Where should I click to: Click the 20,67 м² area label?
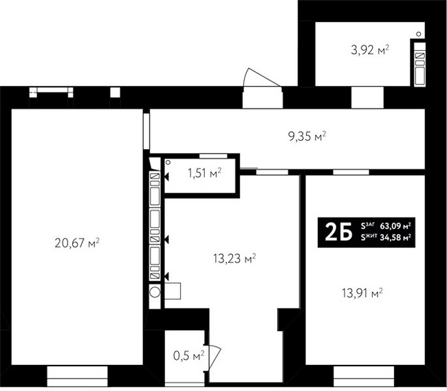(77, 243)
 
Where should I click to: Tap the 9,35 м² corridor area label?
(307, 137)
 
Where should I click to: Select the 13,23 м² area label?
(235, 258)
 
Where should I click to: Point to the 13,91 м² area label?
(362, 293)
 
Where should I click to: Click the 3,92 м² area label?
(370, 50)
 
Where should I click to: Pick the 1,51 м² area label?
(204, 173)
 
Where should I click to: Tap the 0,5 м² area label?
(188, 355)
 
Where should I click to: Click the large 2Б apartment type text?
(338, 232)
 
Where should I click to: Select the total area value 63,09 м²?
(395, 226)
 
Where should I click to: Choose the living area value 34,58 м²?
(395, 237)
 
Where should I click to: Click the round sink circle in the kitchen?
(155, 291)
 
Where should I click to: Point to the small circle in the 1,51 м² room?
(168, 162)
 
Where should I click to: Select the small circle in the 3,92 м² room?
(419, 34)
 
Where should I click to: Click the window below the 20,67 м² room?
(77, 376)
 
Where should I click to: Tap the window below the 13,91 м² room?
(364, 376)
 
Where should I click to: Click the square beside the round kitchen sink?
(173, 291)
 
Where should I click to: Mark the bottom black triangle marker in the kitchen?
(166, 276)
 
